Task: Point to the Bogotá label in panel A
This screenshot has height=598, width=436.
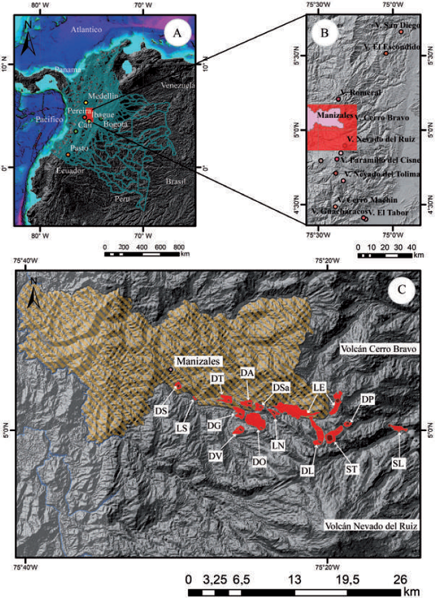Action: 118,124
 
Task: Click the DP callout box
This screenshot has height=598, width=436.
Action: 367,400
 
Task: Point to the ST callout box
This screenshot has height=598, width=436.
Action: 351,467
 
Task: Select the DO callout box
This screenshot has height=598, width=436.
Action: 259,461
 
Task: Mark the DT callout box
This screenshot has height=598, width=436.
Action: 217,378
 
